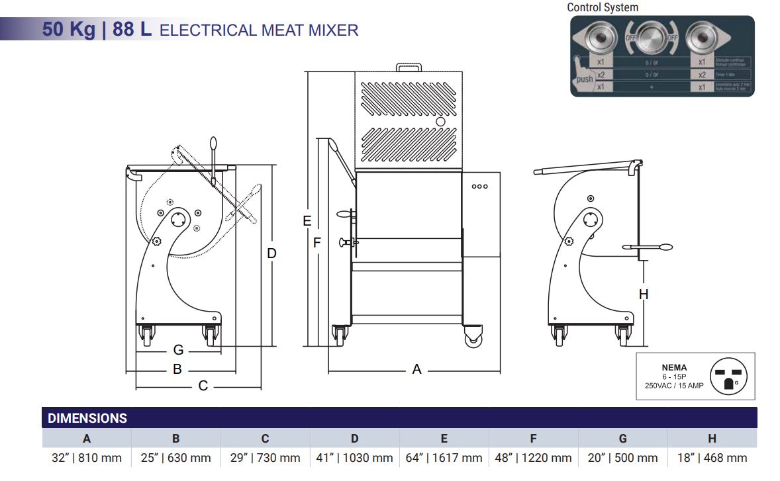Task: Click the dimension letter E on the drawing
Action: coord(307,221)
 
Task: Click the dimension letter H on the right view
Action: coord(644,294)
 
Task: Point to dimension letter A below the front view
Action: coord(416,369)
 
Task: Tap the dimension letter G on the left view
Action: coord(178,350)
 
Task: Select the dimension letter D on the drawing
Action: coord(271,253)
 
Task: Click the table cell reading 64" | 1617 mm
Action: coord(444,457)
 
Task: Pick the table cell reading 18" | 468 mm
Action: coord(712,457)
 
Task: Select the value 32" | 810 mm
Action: coord(87,457)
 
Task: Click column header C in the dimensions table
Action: coord(265,438)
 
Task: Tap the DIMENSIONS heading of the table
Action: coord(87,418)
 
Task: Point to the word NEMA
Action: coord(674,367)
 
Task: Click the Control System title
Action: coord(603,7)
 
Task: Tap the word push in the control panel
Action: coord(585,79)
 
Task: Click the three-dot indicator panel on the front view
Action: coord(479,187)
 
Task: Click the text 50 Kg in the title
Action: coord(69,30)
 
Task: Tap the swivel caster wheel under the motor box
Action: coord(473,337)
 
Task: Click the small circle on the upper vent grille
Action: coord(440,122)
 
